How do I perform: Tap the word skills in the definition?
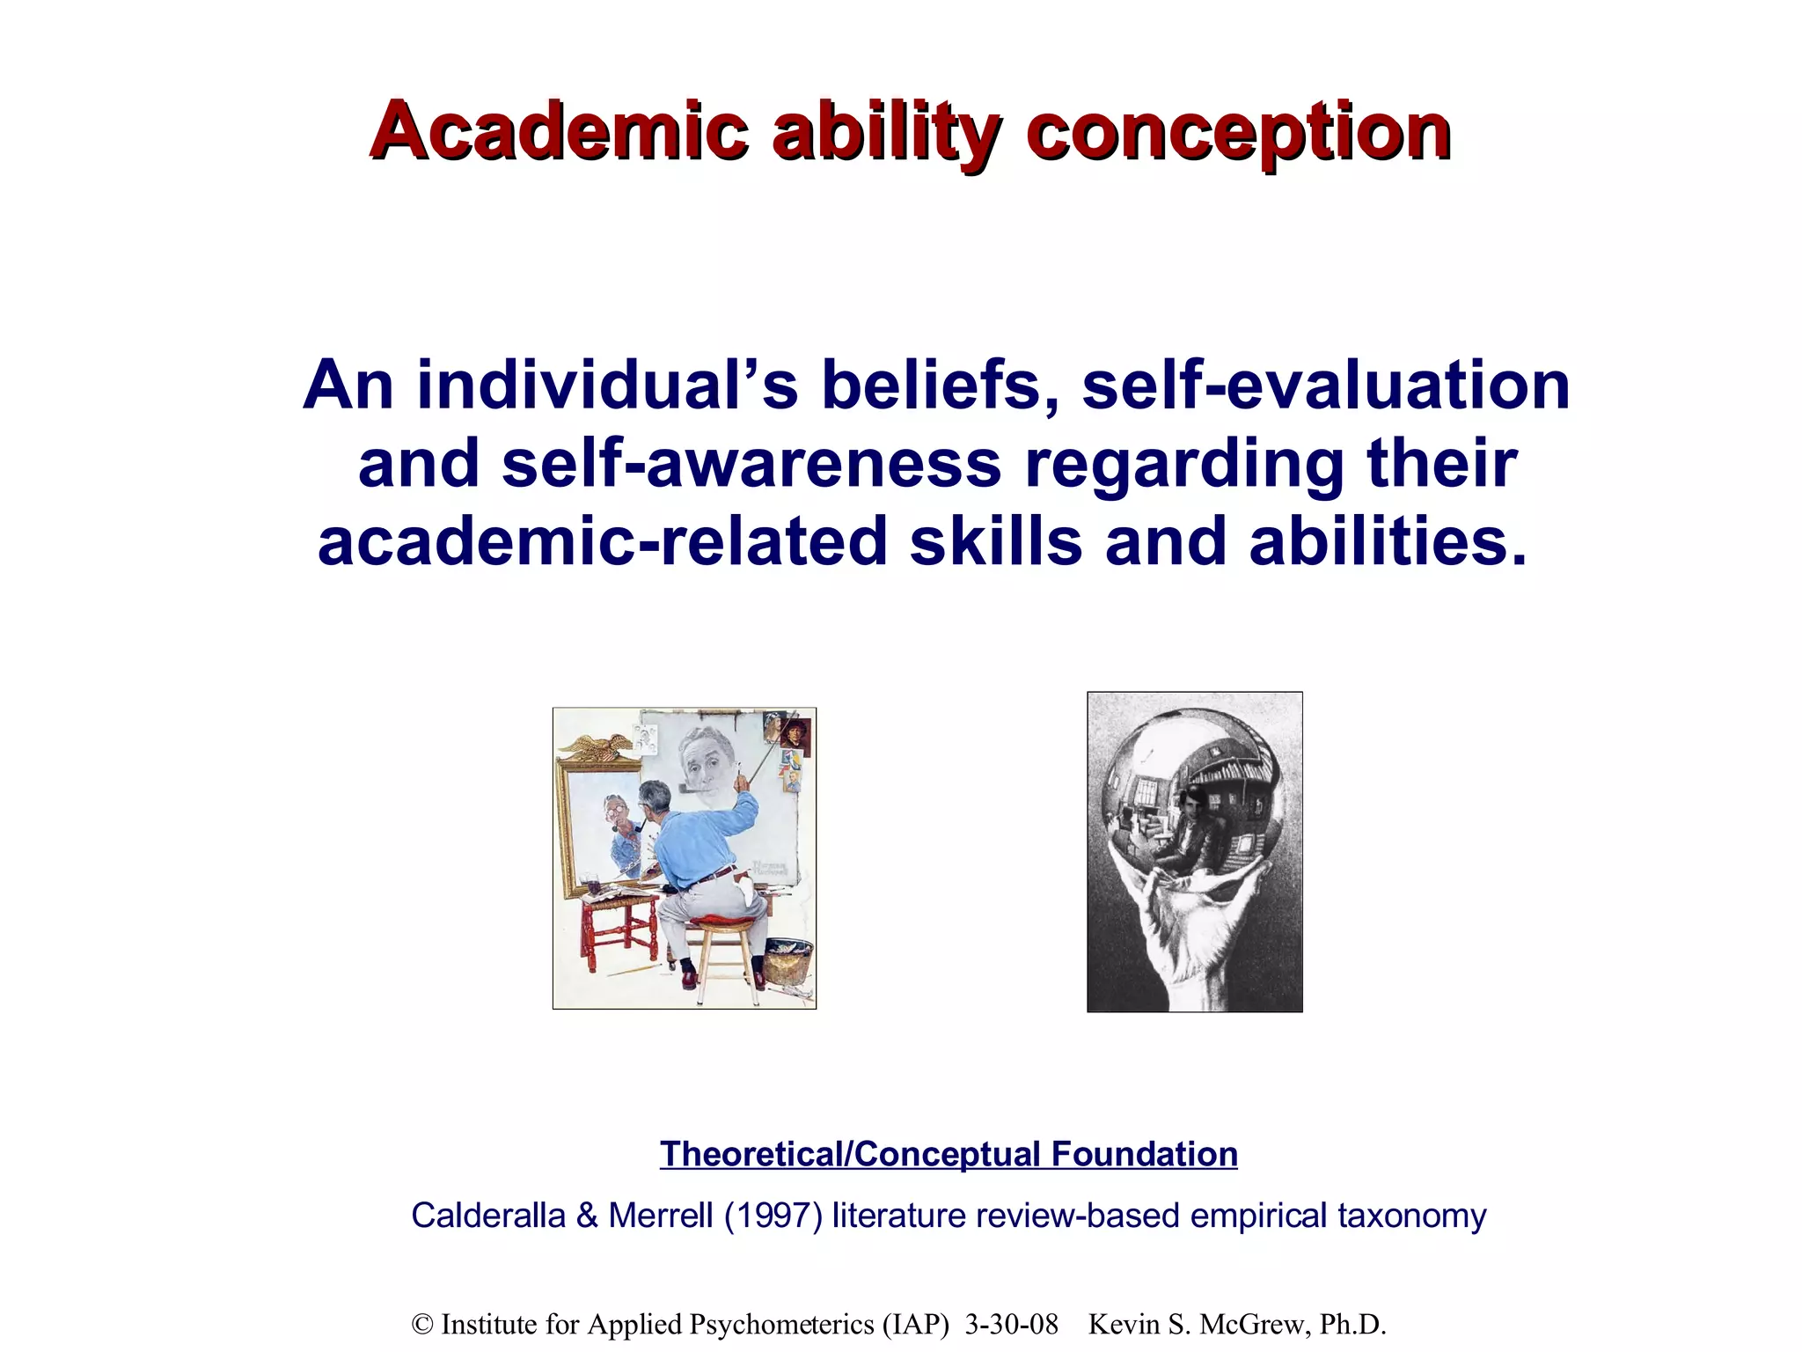pos(995,541)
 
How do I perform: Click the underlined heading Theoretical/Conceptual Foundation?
pos(949,1154)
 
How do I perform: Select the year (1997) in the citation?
pos(773,1216)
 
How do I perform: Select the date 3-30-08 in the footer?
pos(1011,1325)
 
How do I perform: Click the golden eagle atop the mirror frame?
pos(595,747)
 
